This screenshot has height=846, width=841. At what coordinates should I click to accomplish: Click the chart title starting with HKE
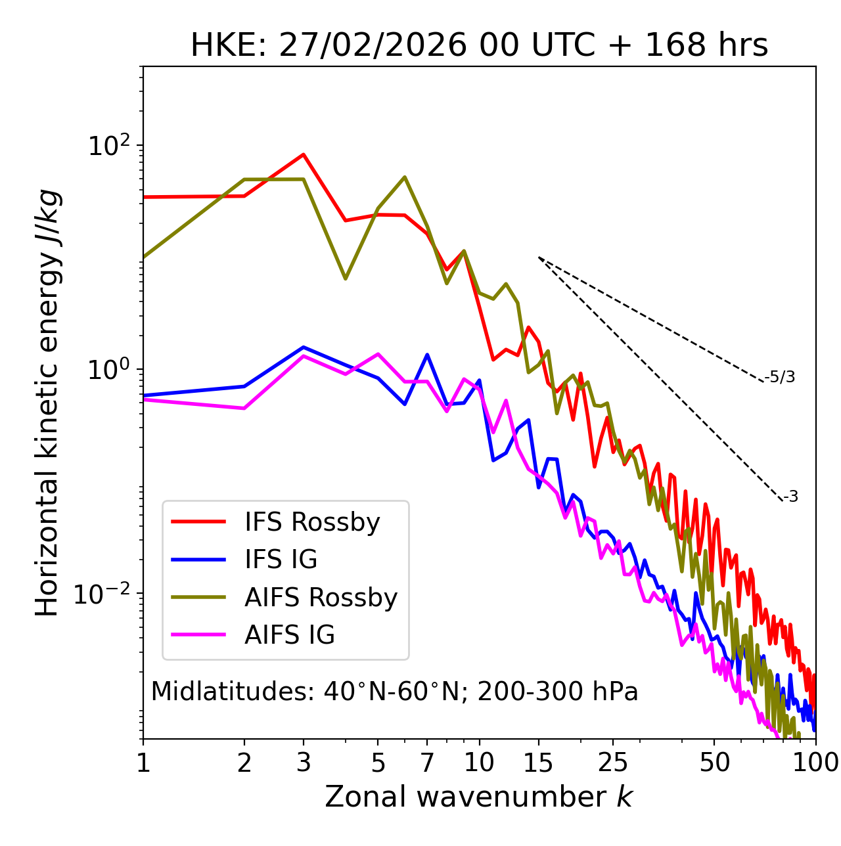479,46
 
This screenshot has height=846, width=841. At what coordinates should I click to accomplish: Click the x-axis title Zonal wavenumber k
478,797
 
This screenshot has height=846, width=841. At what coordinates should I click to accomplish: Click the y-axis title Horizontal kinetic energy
47,403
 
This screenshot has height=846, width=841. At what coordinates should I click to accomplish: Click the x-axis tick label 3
304,763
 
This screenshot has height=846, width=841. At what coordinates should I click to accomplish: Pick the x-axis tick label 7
427,763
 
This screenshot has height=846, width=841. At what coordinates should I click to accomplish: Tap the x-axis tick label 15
538,763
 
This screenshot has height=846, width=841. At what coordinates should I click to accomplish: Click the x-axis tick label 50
714,763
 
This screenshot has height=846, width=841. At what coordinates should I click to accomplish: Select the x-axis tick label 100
815,763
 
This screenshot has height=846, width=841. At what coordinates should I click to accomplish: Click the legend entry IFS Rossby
312,522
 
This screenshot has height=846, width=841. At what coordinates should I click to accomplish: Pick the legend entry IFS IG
281,560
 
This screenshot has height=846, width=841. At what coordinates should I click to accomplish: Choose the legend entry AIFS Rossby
321,598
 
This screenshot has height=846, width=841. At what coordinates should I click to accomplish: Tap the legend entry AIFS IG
290,635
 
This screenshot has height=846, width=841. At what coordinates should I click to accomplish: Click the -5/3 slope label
780,377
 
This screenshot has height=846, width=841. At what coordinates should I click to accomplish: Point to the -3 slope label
791,497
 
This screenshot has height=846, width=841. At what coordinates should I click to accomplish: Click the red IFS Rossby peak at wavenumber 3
304,154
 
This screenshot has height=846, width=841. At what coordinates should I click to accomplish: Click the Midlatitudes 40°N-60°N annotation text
394,692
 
